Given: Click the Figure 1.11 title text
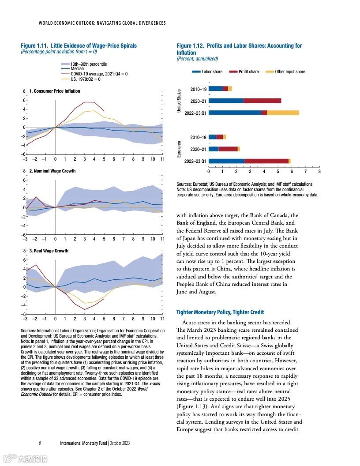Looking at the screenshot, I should click(x=79, y=46).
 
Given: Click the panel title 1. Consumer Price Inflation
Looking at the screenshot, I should click(x=55, y=91).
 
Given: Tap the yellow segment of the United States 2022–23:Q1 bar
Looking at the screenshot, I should click(x=283, y=113).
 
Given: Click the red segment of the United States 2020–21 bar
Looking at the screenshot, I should click(x=262, y=101).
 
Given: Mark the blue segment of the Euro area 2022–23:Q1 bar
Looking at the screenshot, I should click(x=226, y=161).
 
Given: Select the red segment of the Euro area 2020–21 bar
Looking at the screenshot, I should click(x=228, y=149).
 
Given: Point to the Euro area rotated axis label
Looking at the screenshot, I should click(x=179, y=149).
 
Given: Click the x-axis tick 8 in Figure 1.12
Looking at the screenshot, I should click(x=319, y=171).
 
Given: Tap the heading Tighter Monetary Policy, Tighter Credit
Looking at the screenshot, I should click(x=220, y=312).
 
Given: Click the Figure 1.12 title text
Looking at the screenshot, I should click(x=239, y=49).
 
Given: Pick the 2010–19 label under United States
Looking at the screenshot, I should click(x=198, y=89).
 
